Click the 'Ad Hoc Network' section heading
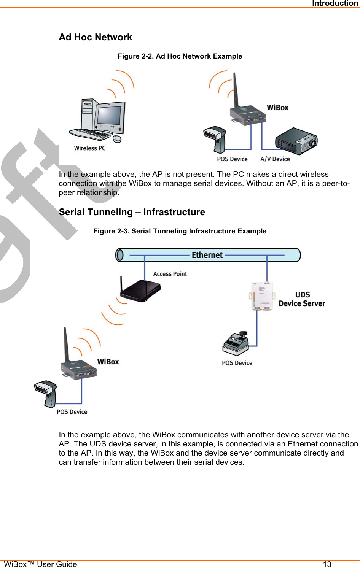(96, 37)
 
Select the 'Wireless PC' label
(90, 148)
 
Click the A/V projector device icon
(296, 141)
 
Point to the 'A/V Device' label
(275, 159)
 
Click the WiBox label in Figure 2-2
(278, 108)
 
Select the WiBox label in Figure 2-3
(108, 362)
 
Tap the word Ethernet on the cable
(207, 255)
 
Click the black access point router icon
(140, 291)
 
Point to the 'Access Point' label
(170, 274)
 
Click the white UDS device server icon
(262, 296)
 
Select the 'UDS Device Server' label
(302, 299)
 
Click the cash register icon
(236, 343)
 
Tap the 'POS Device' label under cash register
(237, 363)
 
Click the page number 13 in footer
(327, 564)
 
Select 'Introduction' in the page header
(335, 3)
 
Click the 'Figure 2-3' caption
(180, 231)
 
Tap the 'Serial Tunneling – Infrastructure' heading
(132, 212)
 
